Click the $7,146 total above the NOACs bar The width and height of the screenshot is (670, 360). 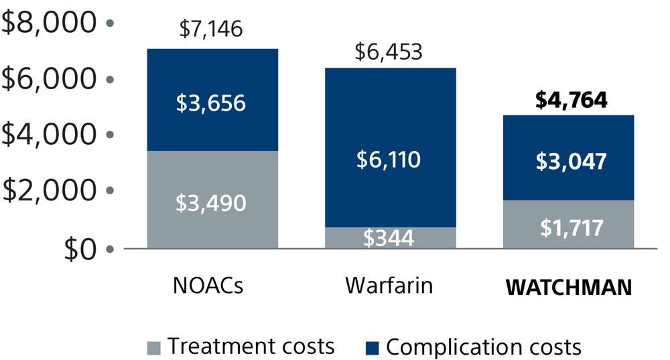coord(211,29)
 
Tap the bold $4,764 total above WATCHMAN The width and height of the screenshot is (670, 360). coord(572,100)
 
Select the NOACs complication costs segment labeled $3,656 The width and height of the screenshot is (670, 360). coord(211,103)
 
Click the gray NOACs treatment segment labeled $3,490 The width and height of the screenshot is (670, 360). coord(211,201)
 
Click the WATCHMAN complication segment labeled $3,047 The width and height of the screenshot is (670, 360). coord(572,161)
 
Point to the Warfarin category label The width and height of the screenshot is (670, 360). coord(389,286)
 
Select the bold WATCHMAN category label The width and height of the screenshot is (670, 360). coord(569,287)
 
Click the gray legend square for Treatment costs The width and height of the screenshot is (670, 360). coord(153,348)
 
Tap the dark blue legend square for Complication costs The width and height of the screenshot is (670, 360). coord(373,348)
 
